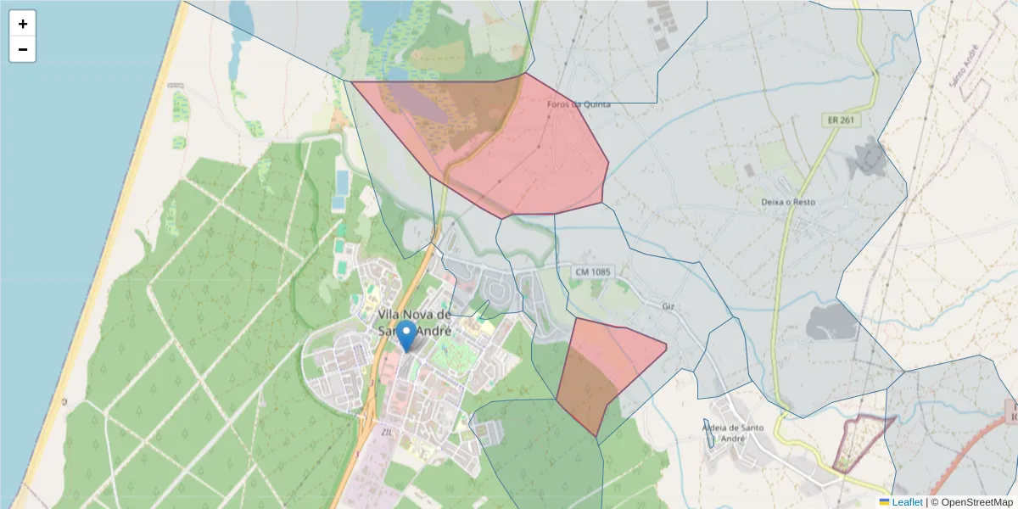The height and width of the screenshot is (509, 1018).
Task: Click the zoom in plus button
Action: (23, 24)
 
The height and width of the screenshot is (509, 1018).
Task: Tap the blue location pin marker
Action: (407, 335)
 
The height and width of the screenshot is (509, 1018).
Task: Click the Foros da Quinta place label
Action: (579, 104)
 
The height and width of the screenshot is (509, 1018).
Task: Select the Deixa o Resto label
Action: (788, 202)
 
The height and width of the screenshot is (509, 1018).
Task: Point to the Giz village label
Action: (668, 305)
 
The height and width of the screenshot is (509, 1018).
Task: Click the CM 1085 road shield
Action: (593, 271)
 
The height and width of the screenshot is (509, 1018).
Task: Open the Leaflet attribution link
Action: (907, 502)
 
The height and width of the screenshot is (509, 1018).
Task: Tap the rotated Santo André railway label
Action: (966, 68)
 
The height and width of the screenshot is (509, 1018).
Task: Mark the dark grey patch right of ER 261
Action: (865, 159)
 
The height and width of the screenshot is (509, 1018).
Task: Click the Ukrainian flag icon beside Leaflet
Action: (884, 502)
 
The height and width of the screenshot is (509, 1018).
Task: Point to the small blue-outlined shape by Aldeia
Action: (708, 430)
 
